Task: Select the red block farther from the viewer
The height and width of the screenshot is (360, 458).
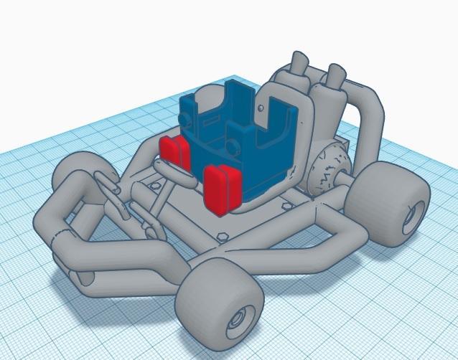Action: point(174,151)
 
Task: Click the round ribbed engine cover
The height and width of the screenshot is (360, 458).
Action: point(327,172)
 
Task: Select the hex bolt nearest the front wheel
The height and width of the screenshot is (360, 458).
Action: point(222,235)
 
